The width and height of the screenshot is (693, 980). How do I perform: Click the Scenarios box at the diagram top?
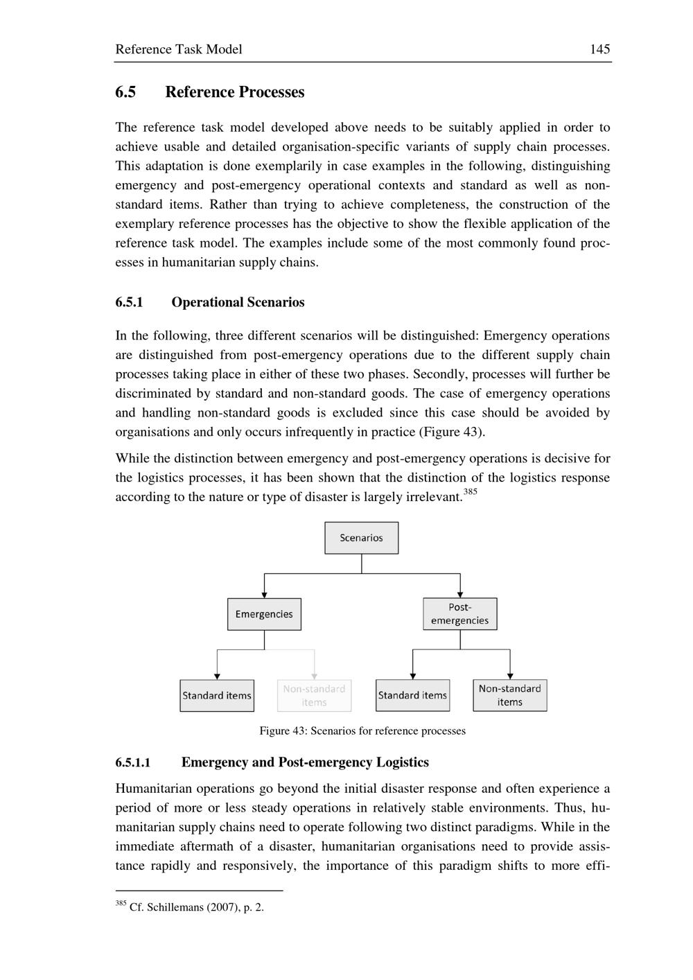(361, 538)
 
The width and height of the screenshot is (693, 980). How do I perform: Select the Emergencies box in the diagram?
(264, 614)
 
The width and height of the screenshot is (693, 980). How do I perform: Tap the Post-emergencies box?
(459, 614)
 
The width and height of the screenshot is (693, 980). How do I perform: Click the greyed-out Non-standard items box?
(314, 695)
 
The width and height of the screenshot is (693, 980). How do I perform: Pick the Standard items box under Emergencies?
(217, 695)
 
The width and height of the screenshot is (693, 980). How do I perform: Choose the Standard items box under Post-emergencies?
(412, 695)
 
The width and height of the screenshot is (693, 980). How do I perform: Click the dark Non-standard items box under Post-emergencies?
(509, 695)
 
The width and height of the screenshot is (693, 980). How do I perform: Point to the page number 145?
(600, 49)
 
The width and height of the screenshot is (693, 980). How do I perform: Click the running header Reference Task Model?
(179, 49)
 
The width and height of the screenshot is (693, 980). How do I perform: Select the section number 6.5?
(125, 92)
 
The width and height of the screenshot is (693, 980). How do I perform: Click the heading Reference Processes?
(234, 92)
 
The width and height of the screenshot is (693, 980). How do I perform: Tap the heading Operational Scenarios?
(238, 302)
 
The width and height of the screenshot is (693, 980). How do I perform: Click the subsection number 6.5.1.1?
(133, 763)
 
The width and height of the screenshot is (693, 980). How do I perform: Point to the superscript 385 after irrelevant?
(470, 492)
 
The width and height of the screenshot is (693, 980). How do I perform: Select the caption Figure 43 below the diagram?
(362, 730)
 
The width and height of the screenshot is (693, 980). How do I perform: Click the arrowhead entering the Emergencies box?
(264, 594)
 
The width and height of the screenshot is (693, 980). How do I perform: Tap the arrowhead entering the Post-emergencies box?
(460, 594)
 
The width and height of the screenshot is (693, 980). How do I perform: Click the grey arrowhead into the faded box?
(315, 676)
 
